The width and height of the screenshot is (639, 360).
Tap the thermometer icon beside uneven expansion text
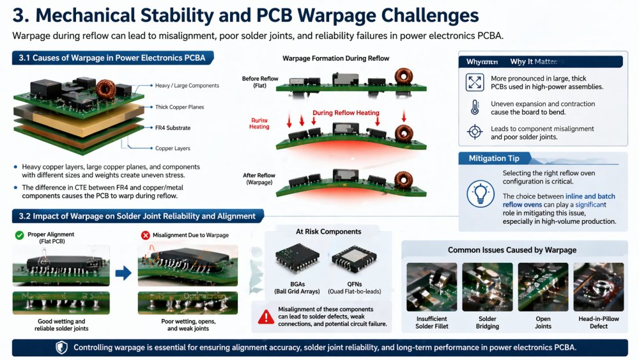click(474, 107)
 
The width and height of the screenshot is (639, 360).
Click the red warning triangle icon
click(265, 315)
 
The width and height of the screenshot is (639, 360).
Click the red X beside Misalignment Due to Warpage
click(146, 235)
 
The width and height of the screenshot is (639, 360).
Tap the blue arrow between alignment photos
click(123, 273)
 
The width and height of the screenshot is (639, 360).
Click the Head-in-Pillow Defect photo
click(594, 286)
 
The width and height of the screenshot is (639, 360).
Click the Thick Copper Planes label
click(180, 107)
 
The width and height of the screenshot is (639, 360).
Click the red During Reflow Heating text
click(346, 113)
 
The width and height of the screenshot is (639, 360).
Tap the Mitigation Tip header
click(494, 158)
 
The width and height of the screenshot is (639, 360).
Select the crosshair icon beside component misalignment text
click(474, 132)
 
